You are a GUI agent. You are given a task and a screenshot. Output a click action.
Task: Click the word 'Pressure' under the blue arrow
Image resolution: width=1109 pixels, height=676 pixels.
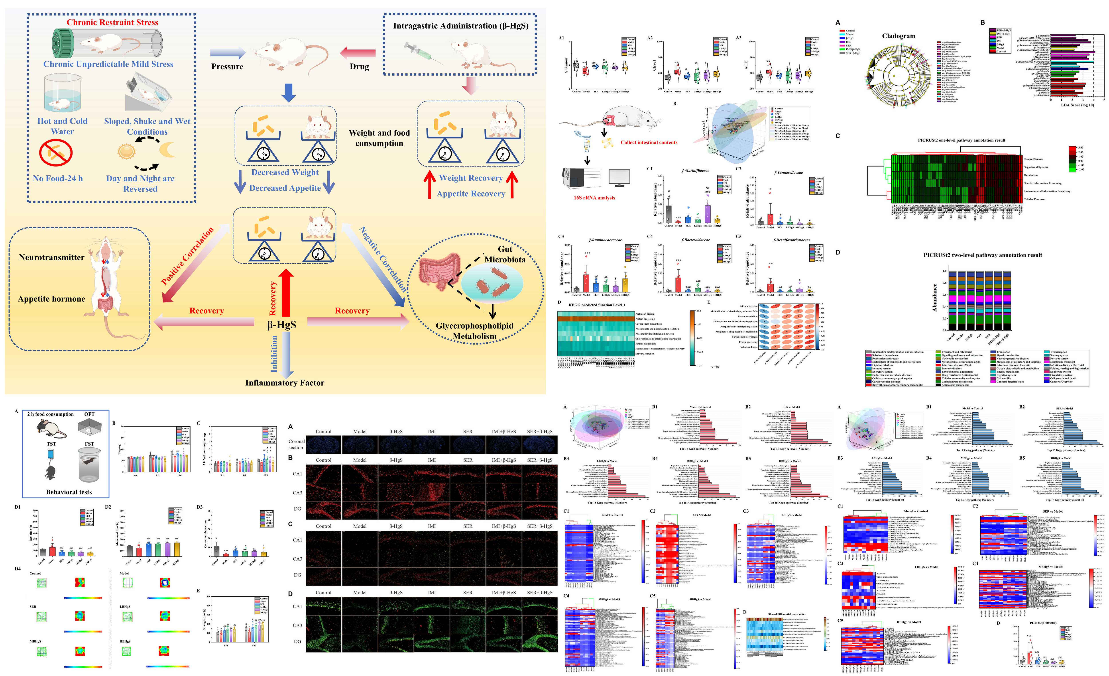tap(227, 67)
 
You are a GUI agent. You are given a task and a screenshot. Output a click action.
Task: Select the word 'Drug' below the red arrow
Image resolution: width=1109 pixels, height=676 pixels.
tap(359, 67)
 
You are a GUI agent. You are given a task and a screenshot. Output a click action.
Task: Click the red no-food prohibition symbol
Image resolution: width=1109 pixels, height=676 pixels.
tap(56, 153)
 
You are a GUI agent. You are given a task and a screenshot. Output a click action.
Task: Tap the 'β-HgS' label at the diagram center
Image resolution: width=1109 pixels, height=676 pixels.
tap(282, 325)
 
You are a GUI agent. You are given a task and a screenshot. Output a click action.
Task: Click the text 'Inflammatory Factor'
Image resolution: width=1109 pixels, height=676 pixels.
tap(285, 383)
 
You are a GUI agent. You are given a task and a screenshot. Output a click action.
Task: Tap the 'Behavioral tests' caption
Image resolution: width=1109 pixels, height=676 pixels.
tap(69, 492)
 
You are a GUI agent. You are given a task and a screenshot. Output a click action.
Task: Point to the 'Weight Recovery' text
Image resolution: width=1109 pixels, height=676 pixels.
tap(471, 178)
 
